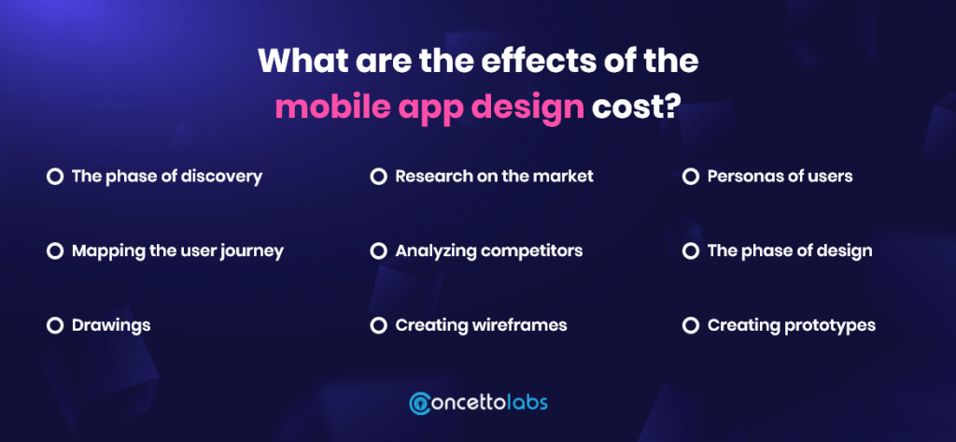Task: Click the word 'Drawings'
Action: coord(111,326)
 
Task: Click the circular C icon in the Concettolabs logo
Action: coord(420,404)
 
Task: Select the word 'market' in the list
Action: coord(564,177)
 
